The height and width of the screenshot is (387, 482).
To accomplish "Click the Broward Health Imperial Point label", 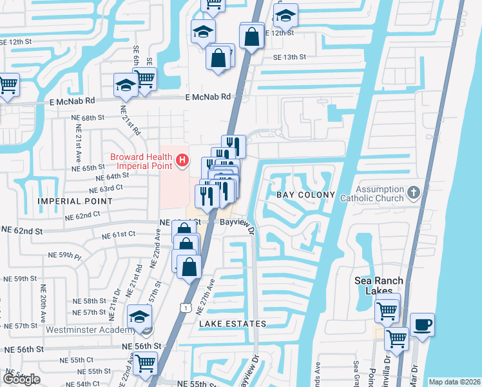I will coord(141,161).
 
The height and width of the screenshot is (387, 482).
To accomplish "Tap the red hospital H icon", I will coord(183,159).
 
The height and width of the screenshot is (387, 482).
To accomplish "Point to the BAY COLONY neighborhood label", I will coord(305,195).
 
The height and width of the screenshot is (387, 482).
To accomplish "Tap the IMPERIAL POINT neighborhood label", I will coord(75,201).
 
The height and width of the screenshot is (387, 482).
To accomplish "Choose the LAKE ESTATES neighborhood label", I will coord(233,323).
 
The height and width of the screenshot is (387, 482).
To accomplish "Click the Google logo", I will coord(21,379).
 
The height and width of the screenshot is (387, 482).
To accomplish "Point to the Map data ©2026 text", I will coord(454,382).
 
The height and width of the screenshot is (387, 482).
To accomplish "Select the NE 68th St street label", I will coord(88,118).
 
